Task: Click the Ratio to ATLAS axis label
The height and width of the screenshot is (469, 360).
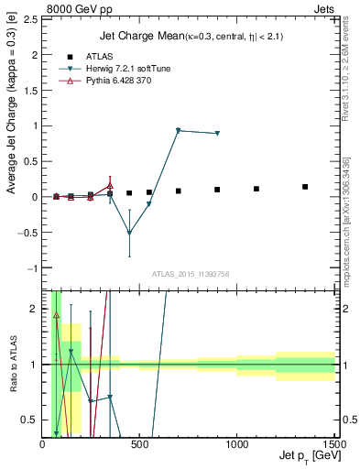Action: pos(13,364)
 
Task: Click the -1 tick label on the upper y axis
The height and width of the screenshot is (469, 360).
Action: pos(35,268)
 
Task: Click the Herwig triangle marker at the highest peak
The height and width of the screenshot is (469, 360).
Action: pos(178,130)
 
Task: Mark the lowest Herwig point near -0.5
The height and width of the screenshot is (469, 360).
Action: pos(129,233)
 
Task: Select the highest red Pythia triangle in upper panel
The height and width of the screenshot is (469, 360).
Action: pos(110,185)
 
